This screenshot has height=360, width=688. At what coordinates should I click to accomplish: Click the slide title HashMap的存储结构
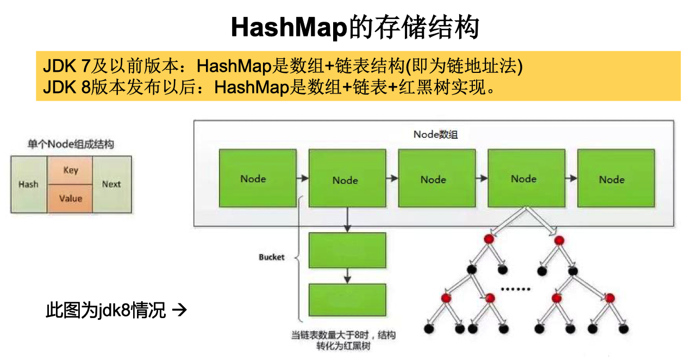coord(354,27)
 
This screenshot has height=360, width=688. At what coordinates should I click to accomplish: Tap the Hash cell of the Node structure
coord(28,184)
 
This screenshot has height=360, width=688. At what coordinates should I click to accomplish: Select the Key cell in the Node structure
coord(71,170)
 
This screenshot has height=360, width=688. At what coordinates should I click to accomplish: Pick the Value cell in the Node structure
coord(71,198)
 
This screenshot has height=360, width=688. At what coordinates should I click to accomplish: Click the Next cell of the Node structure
coord(111,184)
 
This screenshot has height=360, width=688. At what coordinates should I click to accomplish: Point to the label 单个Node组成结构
coord(71,144)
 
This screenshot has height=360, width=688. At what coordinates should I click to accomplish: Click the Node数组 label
coord(435,134)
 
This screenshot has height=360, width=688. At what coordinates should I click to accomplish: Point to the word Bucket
coord(271,257)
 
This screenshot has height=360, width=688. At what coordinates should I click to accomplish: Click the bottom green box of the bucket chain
coord(347,303)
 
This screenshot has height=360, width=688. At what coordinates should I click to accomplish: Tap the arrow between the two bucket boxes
coord(347,277)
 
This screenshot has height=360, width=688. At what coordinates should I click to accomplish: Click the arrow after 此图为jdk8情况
coord(179,311)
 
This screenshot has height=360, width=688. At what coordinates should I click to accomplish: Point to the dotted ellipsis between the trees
coord(515,288)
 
